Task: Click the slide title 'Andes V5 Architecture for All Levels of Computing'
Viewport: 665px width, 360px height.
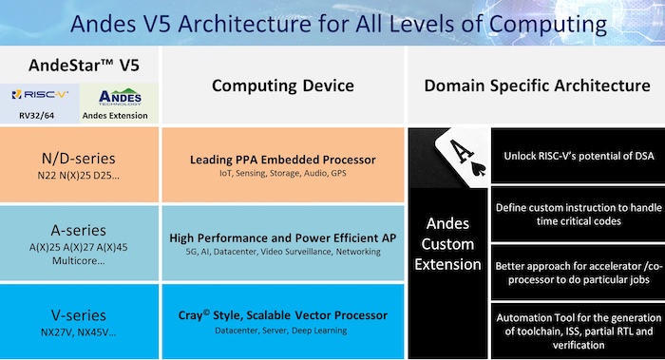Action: (x=332, y=23)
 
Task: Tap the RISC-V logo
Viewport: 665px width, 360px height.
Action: (x=41, y=96)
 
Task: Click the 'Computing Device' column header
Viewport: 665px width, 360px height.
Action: (x=282, y=86)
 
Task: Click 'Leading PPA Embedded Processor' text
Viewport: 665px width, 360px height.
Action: (x=282, y=160)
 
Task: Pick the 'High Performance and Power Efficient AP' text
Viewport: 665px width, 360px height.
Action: (x=282, y=237)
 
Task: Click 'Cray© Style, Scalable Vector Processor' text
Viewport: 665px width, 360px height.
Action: (x=282, y=315)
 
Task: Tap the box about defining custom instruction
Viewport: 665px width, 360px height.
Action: (x=577, y=214)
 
